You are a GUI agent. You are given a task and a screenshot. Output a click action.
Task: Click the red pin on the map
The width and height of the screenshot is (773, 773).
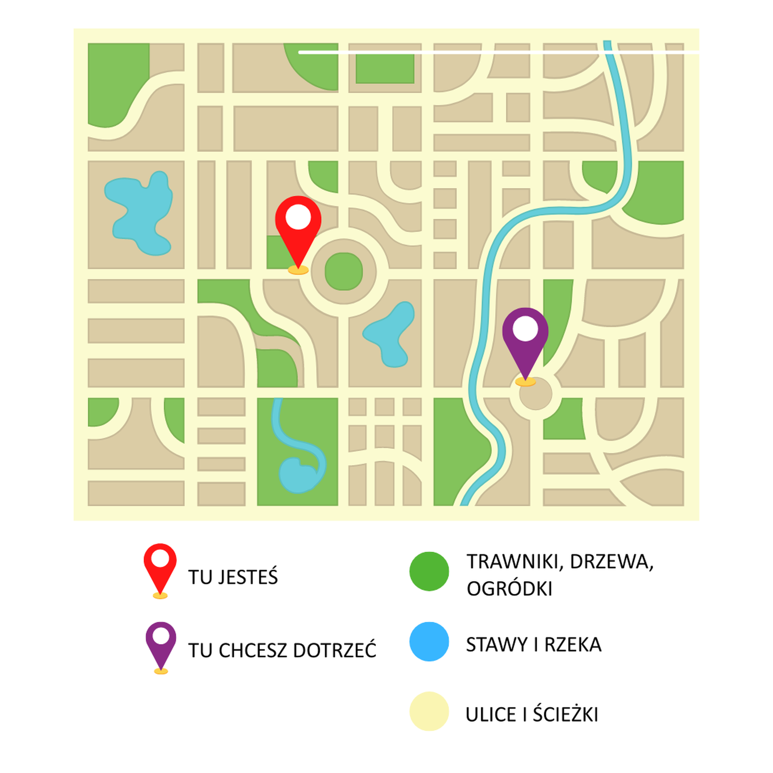pos(298,227)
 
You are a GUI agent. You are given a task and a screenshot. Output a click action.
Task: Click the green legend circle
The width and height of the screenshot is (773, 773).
pos(429,572)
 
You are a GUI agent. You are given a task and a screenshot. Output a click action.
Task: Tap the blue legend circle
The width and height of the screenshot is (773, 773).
pos(429,642)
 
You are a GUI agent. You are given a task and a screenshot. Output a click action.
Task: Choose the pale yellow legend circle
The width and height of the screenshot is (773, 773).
pos(429,711)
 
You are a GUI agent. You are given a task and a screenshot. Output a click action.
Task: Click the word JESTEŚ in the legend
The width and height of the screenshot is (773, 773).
pos(248,577)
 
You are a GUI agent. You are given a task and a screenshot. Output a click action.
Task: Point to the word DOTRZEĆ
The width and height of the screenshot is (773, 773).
pos(334,650)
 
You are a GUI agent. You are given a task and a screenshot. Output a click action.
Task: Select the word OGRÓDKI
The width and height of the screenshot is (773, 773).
pos(509,589)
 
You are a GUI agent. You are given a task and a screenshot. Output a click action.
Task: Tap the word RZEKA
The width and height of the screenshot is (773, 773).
pos(573,644)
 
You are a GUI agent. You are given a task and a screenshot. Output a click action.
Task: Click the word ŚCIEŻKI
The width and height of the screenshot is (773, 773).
pos(565,714)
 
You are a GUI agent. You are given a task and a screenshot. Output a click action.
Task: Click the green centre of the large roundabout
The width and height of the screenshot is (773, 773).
pos(344,271)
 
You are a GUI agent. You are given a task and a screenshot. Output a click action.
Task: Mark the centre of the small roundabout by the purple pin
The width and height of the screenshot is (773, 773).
pos(535,394)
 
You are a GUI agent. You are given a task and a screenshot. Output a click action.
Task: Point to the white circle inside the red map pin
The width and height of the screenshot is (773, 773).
pos(298,217)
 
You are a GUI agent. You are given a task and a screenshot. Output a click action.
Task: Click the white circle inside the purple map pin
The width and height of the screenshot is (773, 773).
pos(525,329)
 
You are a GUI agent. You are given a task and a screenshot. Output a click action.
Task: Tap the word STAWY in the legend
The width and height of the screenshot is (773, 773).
pos(497,644)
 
